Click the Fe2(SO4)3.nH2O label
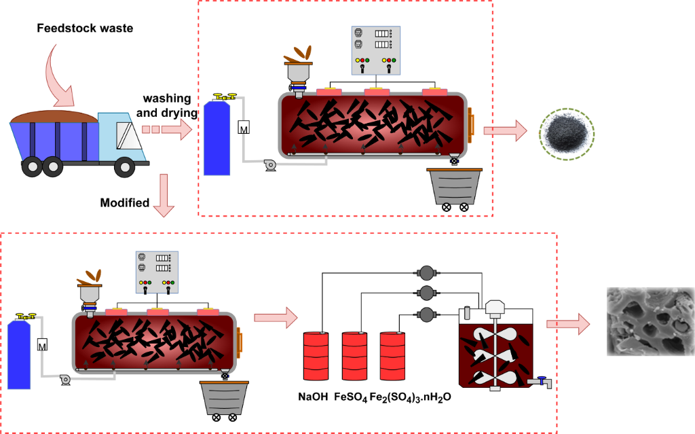pos(410,398)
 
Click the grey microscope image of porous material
pos(650,322)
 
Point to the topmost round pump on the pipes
pos(426,273)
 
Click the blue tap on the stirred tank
pos(542,380)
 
